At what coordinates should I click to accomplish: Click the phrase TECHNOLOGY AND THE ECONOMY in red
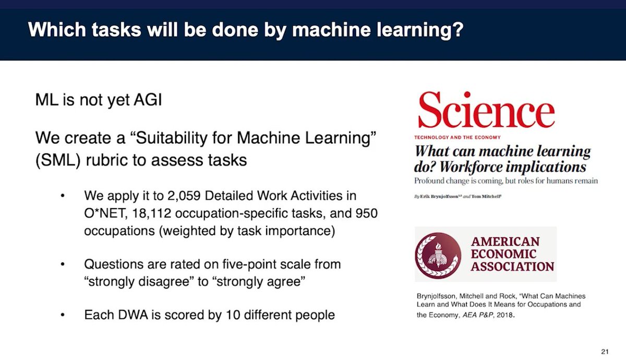458,137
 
